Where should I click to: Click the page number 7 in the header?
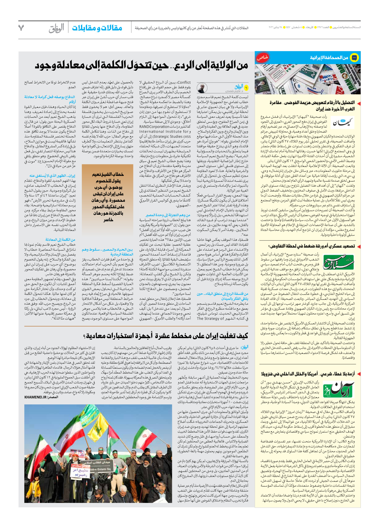click(21, 28)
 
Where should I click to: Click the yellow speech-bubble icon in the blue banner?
click(354, 57)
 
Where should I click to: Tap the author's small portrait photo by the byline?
click(201, 88)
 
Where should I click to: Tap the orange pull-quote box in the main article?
click(107, 197)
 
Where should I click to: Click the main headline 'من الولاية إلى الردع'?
click(141, 65)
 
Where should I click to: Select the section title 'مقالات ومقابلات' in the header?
click(97, 28)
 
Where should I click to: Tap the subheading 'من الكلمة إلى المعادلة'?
click(60, 239)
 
